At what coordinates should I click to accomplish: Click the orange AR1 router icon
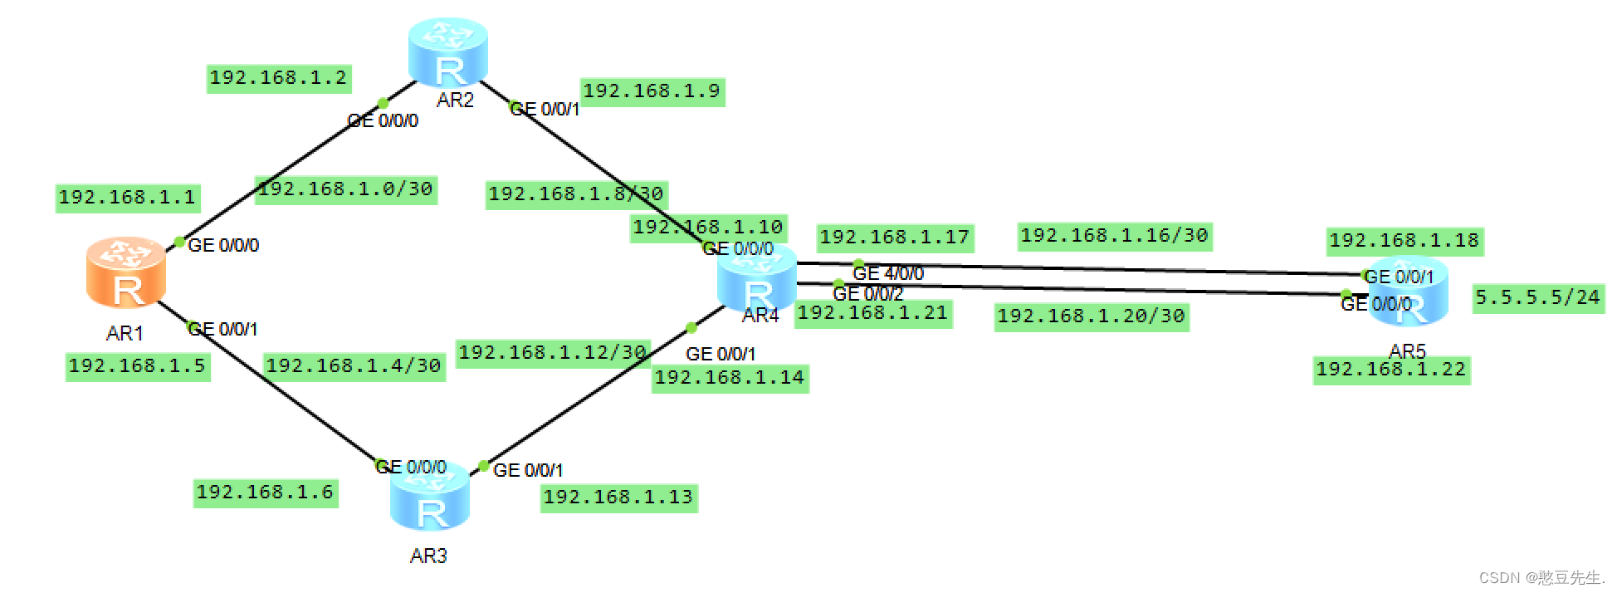pos(126,272)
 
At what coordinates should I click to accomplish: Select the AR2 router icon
pos(448,52)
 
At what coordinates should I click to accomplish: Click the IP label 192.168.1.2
pos(278,78)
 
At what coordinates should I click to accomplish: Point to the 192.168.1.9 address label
pos(652,91)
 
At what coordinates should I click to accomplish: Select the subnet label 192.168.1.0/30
pos(345,189)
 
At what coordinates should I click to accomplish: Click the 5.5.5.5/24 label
pos(1537,297)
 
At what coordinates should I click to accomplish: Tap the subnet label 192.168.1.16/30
pos(1114,236)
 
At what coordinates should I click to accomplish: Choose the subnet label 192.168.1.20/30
pos(1091,316)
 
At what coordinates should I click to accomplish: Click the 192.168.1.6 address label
pos(265,493)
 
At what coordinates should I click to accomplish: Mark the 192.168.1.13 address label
pos(618,497)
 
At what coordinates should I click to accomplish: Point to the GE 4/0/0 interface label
pos(888,273)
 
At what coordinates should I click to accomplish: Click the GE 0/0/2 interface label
pos(867,294)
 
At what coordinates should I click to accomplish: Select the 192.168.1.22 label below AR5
pos(1391,370)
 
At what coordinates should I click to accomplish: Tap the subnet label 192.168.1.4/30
pos(354,366)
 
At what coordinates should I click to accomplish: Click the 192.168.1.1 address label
pos(127,198)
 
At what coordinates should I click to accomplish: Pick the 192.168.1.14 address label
pos(729,378)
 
